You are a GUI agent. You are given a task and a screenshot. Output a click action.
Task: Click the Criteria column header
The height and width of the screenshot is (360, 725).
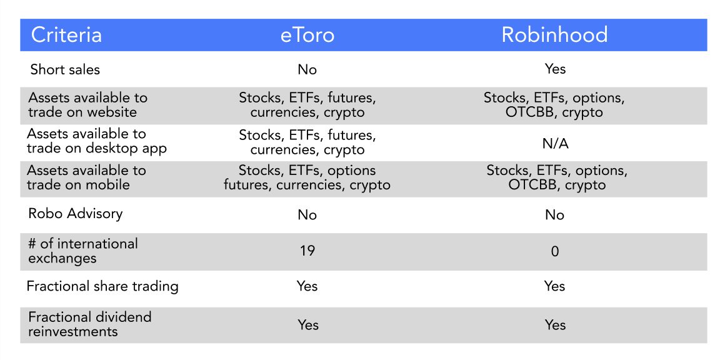click(66, 35)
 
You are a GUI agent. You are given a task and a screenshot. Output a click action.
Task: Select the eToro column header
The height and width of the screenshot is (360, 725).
click(307, 35)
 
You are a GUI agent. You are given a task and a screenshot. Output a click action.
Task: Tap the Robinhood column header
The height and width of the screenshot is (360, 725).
click(555, 35)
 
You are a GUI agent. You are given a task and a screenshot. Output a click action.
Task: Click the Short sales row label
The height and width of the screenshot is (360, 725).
click(65, 69)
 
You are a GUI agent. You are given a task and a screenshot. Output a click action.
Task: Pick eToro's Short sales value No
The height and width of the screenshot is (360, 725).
click(307, 69)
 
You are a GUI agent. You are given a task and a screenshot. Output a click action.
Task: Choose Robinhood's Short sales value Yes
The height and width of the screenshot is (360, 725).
click(555, 69)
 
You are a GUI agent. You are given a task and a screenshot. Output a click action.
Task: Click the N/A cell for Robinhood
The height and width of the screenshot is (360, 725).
click(555, 144)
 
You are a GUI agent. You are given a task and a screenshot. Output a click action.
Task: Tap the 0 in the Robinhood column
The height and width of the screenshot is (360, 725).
click(555, 251)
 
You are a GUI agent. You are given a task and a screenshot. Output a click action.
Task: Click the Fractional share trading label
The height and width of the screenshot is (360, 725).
click(102, 286)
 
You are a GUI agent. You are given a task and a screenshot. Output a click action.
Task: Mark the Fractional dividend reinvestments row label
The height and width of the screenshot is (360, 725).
click(90, 324)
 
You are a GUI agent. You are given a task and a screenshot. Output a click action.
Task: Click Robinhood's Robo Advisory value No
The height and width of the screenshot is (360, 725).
click(555, 215)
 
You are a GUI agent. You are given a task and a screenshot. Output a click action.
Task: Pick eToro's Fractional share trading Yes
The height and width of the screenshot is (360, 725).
click(307, 286)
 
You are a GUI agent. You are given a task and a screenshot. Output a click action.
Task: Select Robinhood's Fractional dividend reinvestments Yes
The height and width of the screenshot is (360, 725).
click(555, 325)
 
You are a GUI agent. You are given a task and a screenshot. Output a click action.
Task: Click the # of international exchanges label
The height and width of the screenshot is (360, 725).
click(82, 251)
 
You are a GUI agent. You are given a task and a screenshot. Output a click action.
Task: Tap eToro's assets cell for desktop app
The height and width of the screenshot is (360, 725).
click(307, 142)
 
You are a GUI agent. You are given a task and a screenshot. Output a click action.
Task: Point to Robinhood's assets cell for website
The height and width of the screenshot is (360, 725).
click(555, 105)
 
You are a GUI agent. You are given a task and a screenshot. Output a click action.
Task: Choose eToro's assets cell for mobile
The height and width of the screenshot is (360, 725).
click(307, 178)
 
